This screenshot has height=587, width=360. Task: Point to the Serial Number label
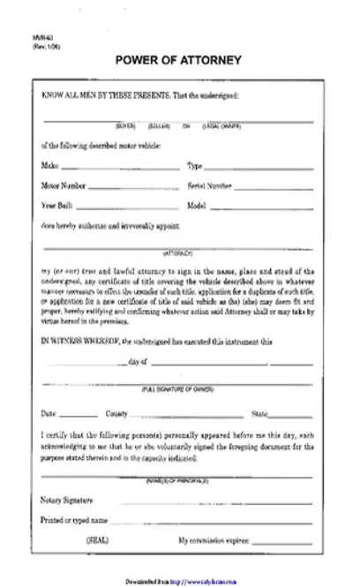click(x=210, y=186)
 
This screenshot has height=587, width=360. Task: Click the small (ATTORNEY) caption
click(x=180, y=253)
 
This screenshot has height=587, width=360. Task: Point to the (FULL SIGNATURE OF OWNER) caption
click(x=180, y=388)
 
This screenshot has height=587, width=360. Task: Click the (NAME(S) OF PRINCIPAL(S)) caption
click(x=180, y=480)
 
